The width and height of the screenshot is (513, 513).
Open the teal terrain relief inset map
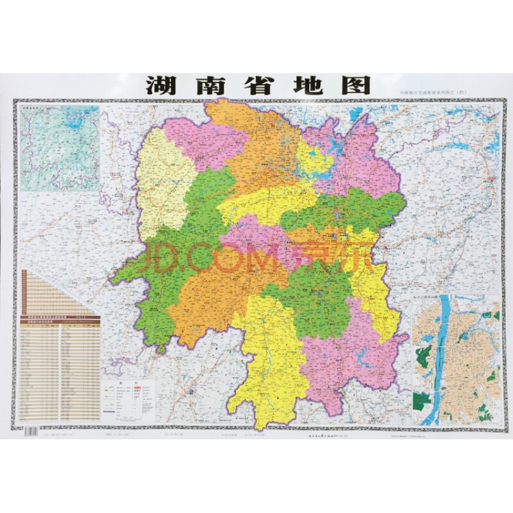(60, 149)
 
